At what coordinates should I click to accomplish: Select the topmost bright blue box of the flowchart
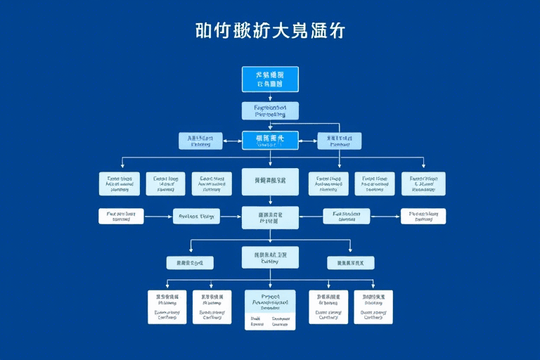click(x=270, y=79)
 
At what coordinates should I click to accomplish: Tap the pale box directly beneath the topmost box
click(x=270, y=110)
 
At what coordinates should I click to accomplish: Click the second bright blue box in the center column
click(x=270, y=141)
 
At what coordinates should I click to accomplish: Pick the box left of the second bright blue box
click(x=200, y=141)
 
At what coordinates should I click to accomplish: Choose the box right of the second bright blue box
click(x=340, y=141)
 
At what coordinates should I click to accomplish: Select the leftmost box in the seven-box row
click(x=120, y=184)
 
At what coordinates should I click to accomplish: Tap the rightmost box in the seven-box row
click(x=423, y=184)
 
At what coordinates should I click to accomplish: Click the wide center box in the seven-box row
click(x=270, y=181)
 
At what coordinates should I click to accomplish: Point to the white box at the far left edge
click(x=121, y=216)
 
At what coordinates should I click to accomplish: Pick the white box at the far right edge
click(x=423, y=216)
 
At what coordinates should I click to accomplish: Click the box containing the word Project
click(x=270, y=310)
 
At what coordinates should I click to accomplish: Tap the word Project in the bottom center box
click(x=270, y=297)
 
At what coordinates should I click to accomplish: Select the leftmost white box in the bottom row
click(x=167, y=307)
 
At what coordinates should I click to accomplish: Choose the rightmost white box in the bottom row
click(x=373, y=307)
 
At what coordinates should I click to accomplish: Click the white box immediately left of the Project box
click(x=212, y=307)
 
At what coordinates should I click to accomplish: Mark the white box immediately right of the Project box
click(x=328, y=307)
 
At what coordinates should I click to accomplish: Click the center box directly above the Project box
click(x=270, y=257)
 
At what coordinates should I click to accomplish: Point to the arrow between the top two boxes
click(x=270, y=97)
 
